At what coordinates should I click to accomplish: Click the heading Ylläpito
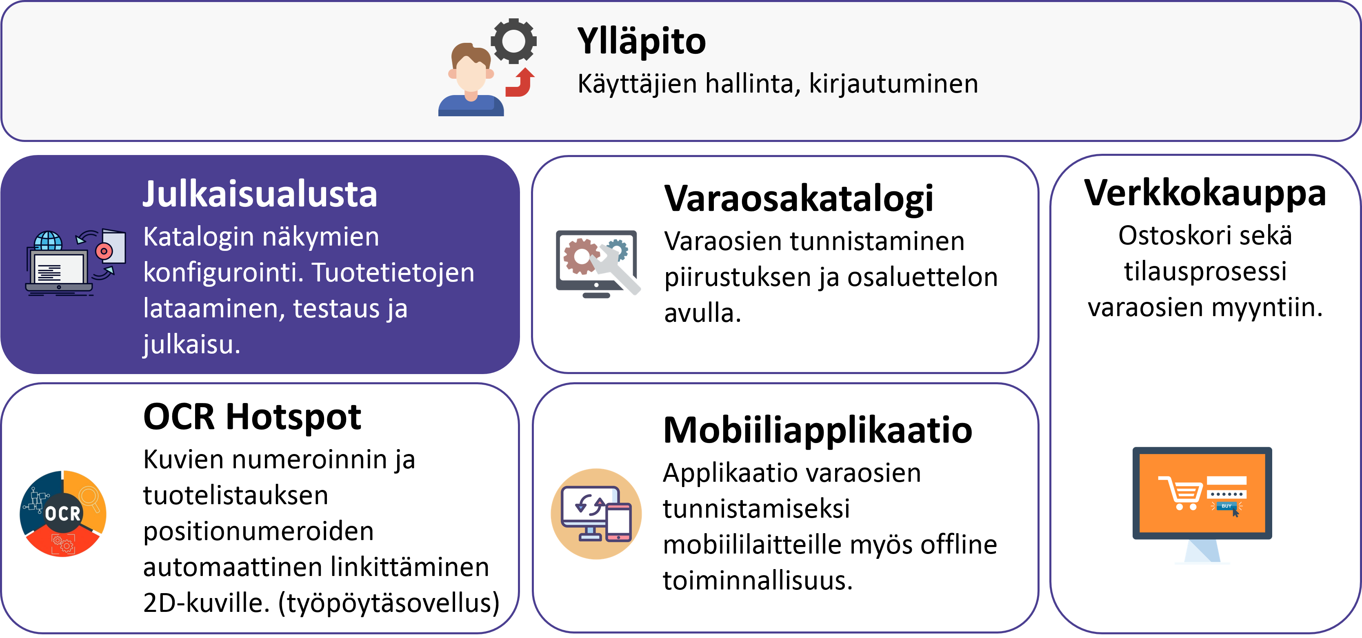pyautogui.click(x=641, y=42)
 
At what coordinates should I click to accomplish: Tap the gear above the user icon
pyautogui.click(x=513, y=41)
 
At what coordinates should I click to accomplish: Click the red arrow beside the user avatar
pyautogui.click(x=520, y=82)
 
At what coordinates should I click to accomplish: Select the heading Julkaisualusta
pyautogui.click(x=260, y=194)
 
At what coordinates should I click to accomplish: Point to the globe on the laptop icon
pyautogui.click(x=48, y=241)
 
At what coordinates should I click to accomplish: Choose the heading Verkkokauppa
pyautogui.click(x=1205, y=193)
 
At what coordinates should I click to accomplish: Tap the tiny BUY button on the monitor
pyautogui.click(x=1226, y=506)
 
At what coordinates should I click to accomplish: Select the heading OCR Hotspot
pyautogui.click(x=252, y=417)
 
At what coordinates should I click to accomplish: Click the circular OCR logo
pyautogui.click(x=63, y=513)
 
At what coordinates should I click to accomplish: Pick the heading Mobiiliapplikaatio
pyautogui.click(x=818, y=430)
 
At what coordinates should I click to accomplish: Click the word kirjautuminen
pyautogui.click(x=893, y=84)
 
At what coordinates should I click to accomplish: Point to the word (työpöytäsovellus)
pyautogui.click(x=389, y=603)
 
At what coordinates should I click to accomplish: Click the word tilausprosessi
pyautogui.click(x=1205, y=272)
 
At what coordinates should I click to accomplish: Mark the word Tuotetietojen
pyautogui.click(x=393, y=273)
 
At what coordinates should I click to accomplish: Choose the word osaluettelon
pyautogui.click(x=923, y=277)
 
